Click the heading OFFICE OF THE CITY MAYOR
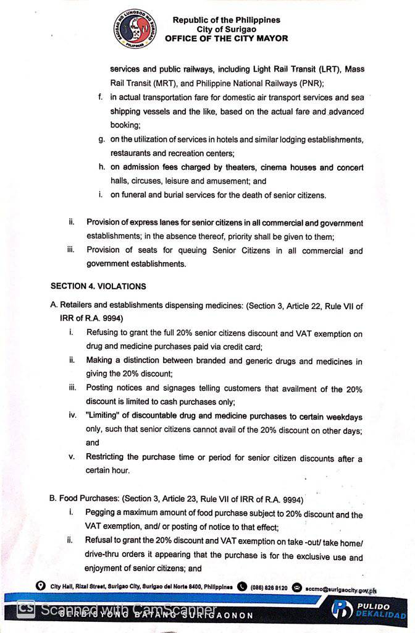point(226,38)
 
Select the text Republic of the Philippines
point(226,20)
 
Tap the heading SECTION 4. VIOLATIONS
point(98,286)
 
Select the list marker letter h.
point(101,168)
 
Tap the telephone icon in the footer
point(242,587)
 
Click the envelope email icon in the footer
point(296,587)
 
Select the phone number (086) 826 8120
point(269,587)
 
